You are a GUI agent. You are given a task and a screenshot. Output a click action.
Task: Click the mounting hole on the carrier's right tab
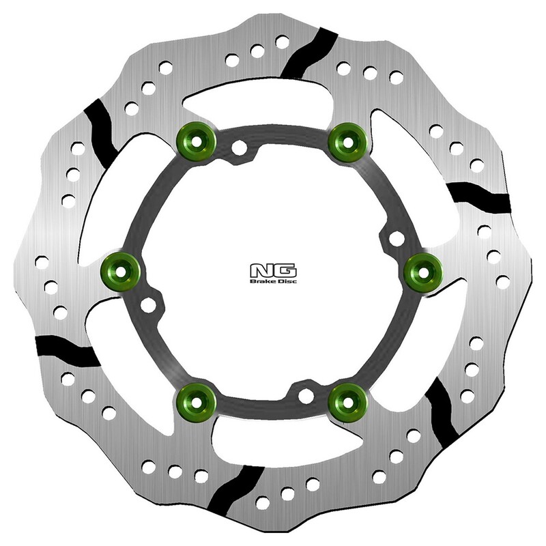(x=394, y=239)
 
